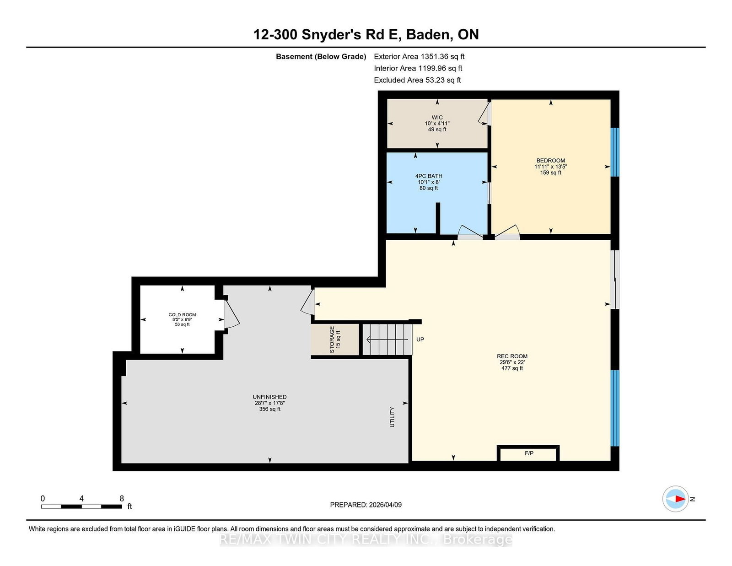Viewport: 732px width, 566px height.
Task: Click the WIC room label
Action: [437, 117]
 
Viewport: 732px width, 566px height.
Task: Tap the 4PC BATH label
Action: [429, 176]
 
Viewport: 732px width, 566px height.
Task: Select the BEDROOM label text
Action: [550, 160]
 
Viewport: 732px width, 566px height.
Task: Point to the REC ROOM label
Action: [511, 356]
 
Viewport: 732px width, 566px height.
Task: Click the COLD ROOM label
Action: [182, 315]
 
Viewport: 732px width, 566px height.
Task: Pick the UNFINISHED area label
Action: [269, 397]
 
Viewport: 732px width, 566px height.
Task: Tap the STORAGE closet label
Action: [332, 340]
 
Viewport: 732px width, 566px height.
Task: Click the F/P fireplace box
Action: [528, 453]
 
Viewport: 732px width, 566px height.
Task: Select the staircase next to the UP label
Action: [387, 339]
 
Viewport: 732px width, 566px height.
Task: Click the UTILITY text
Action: [392, 417]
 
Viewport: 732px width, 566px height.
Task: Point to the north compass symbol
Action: [675, 499]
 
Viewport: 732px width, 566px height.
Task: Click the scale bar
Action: [81, 507]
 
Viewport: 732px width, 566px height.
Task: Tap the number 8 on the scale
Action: [122, 498]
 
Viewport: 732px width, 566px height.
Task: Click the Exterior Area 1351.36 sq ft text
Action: [419, 57]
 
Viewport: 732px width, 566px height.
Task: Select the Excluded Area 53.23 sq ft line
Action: [417, 80]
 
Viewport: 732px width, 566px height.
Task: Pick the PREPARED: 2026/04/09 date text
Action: [366, 505]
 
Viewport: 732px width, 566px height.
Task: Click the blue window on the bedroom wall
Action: [615, 152]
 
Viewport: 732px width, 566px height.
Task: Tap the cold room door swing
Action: [232, 314]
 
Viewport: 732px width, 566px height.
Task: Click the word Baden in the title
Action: [428, 34]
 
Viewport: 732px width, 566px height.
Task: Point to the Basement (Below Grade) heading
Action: [321, 57]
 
